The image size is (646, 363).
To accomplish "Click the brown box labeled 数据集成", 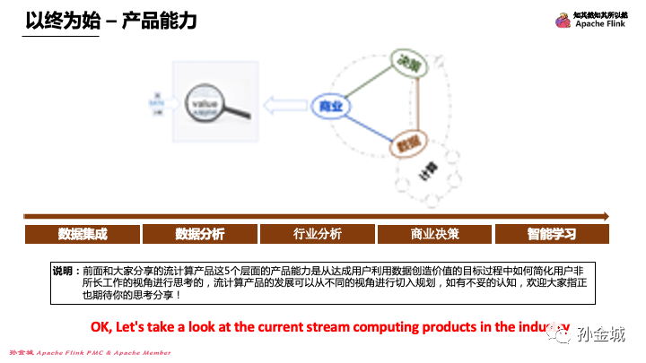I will point(83,234).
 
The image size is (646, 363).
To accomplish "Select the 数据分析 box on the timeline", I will point(200,234).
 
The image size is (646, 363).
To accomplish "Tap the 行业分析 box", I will point(318,234).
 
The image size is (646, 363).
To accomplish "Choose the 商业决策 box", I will point(435,234).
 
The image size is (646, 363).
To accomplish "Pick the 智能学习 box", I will point(552,234).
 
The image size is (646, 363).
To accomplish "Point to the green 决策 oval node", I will point(406,63).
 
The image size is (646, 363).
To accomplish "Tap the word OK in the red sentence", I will point(101,325).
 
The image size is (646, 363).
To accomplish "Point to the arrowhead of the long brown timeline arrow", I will point(607,216).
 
